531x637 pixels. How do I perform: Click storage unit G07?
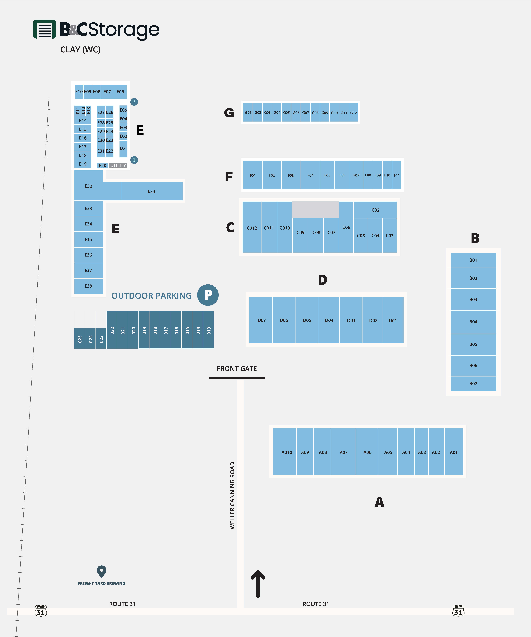point(306,113)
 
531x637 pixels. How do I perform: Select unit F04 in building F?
point(310,175)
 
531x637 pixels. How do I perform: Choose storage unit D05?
point(307,320)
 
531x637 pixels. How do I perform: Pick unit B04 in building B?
point(473,322)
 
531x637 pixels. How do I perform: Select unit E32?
point(88,186)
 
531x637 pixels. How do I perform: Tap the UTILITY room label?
point(118,165)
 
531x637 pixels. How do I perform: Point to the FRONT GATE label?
point(237,369)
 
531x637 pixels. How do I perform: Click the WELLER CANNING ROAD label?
point(232,495)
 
